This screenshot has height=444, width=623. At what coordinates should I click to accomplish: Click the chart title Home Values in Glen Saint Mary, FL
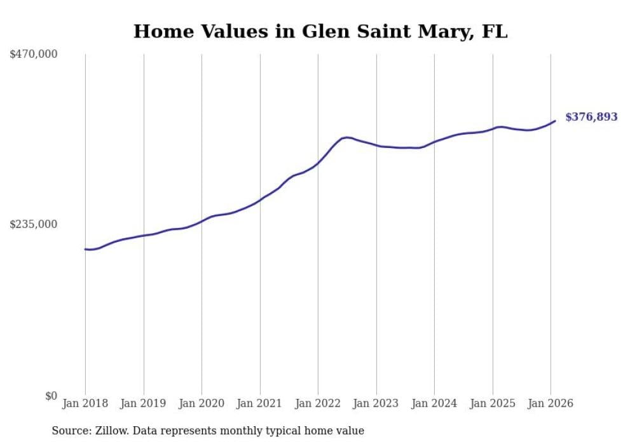point(320,31)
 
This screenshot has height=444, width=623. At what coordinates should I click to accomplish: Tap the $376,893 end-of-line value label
point(591,117)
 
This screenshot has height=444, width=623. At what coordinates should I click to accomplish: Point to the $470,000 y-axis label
point(33,55)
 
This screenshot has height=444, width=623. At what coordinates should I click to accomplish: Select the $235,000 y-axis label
point(33,224)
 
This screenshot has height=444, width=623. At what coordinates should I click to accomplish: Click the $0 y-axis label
point(51,396)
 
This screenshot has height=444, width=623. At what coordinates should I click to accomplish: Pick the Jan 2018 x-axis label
point(85,403)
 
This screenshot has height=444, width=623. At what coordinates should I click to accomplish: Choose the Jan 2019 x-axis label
point(144,403)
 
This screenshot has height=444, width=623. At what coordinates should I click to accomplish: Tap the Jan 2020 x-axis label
point(202,403)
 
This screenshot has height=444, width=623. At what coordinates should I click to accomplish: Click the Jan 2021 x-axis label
point(260,403)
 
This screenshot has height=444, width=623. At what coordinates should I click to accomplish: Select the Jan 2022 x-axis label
point(318,403)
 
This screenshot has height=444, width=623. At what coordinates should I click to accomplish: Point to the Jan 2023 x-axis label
point(376,403)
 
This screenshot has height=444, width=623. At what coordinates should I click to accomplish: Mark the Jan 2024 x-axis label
point(434,403)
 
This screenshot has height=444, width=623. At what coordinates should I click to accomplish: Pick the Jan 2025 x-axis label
point(493,403)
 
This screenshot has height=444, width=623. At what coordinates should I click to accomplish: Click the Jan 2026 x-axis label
point(551,403)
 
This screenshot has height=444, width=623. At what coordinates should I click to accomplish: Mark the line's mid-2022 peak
point(346,137)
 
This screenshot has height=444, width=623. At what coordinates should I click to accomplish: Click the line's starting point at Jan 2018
point(85,249)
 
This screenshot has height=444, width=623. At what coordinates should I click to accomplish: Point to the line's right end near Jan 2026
point(555,121)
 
